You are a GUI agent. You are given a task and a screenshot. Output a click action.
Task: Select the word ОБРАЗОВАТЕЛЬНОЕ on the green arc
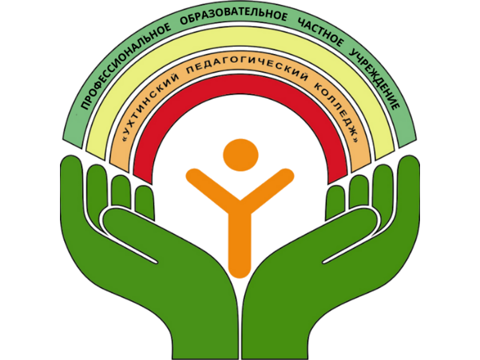tap(233, 16)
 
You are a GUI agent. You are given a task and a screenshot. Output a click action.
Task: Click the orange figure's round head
tap(241, 155)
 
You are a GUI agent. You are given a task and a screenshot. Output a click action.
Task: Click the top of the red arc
tap(241, 84)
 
